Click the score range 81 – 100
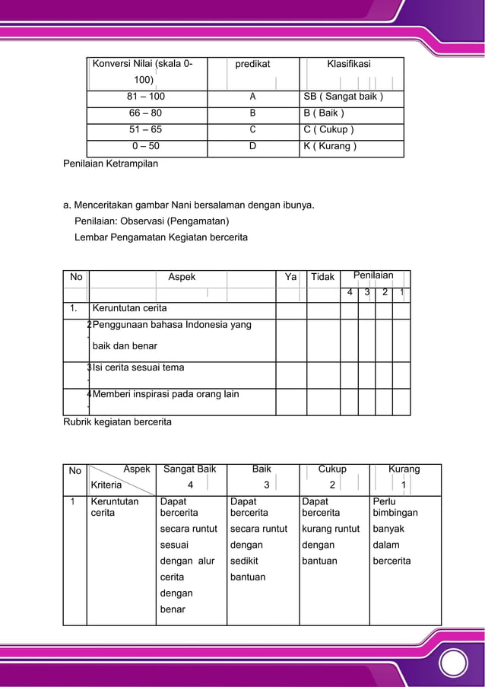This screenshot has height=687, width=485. click(x=145, y=97)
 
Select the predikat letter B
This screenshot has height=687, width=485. click(x=252, y=113)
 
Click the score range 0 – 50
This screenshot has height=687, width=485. click(x=145, y=146)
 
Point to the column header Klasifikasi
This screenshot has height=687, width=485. click(x=349, y=65)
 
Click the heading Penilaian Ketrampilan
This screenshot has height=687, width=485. click(x=110, y=163)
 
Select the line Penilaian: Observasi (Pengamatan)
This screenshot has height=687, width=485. click(x=151, y=221)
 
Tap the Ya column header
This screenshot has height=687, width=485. click(x=290, y=277)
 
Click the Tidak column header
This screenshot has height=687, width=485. click(x=322, y=277)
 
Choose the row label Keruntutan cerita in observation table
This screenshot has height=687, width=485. click(x=129, y=308)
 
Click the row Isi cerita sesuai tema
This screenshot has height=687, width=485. click(x=138, y=367)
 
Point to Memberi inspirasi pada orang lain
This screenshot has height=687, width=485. click(x=166, y=394)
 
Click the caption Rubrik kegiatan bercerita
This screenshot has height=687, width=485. click(x=117, y=421)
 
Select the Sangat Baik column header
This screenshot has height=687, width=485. click(x=190, y=469)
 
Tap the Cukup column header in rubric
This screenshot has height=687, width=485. click(x=332, y=469)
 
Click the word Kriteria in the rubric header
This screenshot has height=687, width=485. click(x=106, y=484)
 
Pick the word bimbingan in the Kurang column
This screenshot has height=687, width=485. click(x=395, y=513)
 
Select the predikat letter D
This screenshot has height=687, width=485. click(x=252, y=146)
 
